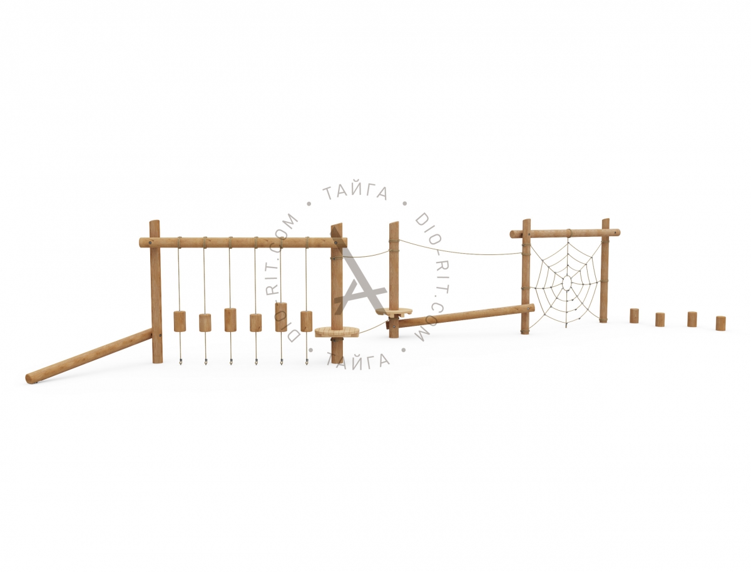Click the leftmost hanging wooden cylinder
click(179, 321)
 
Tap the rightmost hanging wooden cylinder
click(306, 321)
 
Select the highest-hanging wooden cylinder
click(281, 317)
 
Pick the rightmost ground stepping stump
click(720, 323)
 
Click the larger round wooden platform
click(337, 331)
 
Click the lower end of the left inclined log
click(31, 377)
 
